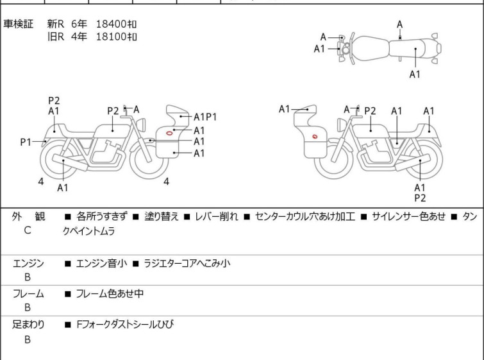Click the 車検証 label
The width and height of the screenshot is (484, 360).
(x=18, y=24)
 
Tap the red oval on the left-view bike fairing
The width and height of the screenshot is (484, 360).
(x=169, y=133)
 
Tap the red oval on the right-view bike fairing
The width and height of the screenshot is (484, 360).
(x=315, y=136)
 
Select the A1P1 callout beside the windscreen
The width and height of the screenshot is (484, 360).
(x=205, y=117)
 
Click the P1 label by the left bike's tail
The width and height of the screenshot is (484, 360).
(x=26, y=142)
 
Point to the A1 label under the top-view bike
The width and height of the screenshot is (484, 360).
(x=415, y=74)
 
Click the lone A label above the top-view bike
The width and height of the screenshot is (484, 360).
(x=400, y=24)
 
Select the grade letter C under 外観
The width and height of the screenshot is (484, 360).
(x=28, y=230)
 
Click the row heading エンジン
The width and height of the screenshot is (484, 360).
(x=28, y=264)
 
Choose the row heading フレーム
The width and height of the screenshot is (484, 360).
(x=28, y=293)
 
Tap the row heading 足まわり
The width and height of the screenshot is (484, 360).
(x=28, y=325)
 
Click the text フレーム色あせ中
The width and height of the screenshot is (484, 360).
(x=110, y=293)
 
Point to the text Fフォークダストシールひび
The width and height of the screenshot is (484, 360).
(x=125, y=325)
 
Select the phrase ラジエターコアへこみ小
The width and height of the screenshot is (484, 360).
(x=187, y=264)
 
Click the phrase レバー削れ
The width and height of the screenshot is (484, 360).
(x=217, y=216)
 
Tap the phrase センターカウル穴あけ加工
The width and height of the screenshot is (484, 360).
(x=305, y=216)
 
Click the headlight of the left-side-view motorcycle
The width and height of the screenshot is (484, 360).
(x=142, y=124)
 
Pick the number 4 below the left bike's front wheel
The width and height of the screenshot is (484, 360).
(x=167, y=182)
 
